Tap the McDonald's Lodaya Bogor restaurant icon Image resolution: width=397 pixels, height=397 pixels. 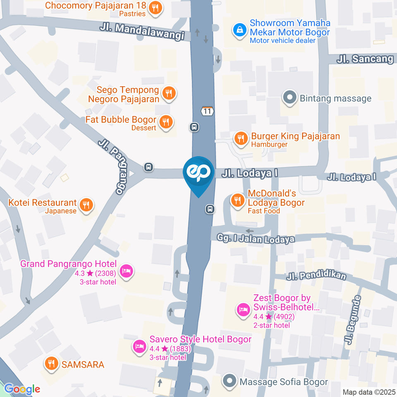point(237,200)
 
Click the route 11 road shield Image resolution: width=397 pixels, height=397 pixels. point(207,111)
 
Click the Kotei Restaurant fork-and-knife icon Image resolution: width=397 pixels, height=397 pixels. point(86,204)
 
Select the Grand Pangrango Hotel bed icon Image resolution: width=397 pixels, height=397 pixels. point(126,271)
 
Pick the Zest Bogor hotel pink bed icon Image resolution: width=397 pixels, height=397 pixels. point(243,309)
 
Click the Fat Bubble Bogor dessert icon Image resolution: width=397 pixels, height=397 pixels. point(166,122)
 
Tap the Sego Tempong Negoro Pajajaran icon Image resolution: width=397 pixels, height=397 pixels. point(168,93)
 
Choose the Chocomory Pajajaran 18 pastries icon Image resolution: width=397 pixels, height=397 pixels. point(155,8)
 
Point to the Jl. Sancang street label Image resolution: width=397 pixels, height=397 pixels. point(364,59)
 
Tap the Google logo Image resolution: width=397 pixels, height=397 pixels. point(22,389)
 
